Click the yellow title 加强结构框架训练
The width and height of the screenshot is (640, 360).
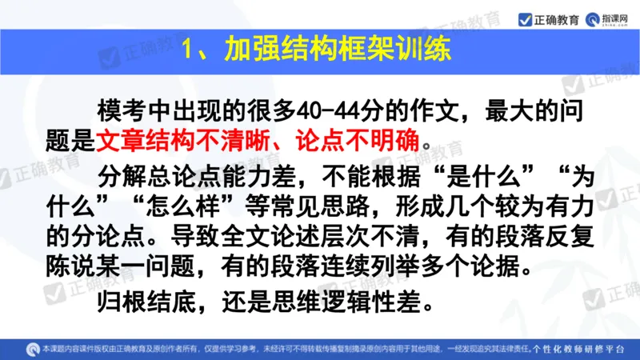click(x=337, y=50)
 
